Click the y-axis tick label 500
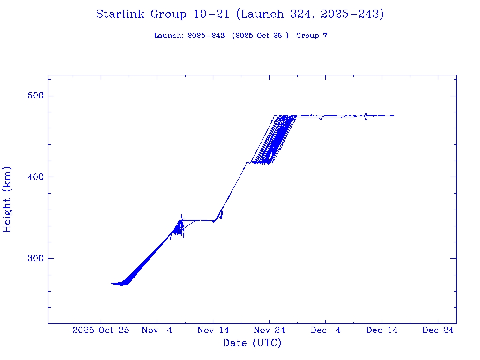click(x=33, y=96)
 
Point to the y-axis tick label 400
click(x=33, y=177)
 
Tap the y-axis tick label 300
click(x=33, y=258)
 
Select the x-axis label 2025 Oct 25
click(x=101, y=330)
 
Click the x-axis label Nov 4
click(x=157, y=330)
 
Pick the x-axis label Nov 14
click(x=213, y=330)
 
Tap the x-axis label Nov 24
click(x=270, y=330)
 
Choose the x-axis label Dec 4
click(x=326, y=330)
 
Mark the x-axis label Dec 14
click(x=382, y=330)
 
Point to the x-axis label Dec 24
click(x=438, y=330)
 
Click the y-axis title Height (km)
click(x=7, y=199)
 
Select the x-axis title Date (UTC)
click(x=252, y=343)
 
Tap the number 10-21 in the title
click(x=211, y=14)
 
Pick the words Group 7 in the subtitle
click(x=312, y=36)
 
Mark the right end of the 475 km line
click(x=394, y=116)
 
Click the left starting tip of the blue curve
click(x=111, y=283)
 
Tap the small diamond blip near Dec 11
click(x=366, y=116)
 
